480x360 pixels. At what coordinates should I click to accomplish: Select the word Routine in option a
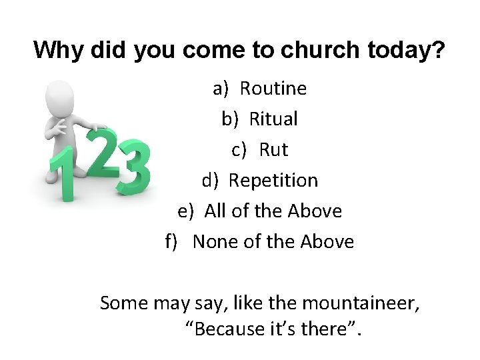[x=273, y=88]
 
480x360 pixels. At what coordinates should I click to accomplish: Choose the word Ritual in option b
[x=273, y=119]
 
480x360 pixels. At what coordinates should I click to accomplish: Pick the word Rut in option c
[x=273, y=150]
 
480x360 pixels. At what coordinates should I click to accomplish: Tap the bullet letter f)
[x=172, y=242]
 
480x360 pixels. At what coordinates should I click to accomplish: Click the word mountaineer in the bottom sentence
[x=361, y=303]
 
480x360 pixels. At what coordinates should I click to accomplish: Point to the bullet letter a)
[x=221, y=88]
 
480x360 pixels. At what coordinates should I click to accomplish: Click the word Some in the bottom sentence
[x=123, y=303]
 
